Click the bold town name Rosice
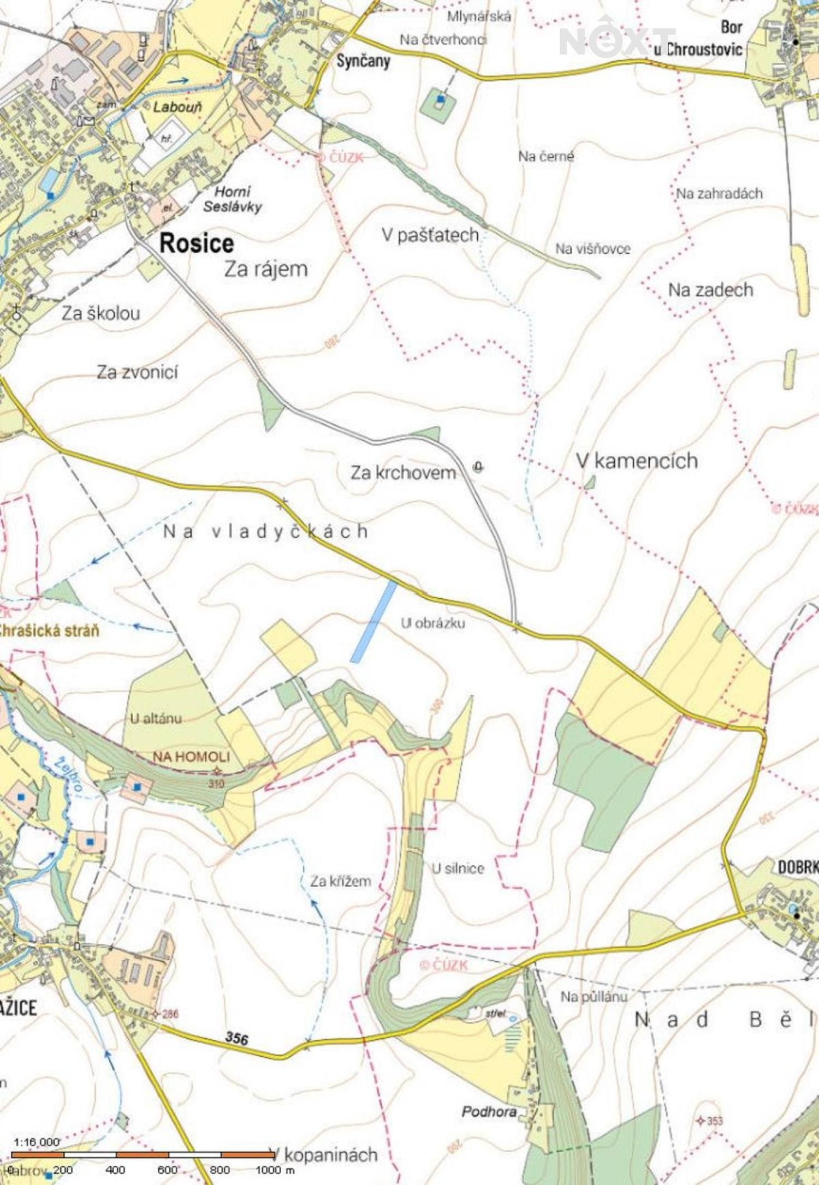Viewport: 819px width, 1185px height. (197, 243)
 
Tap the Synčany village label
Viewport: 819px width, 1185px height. (363, 61)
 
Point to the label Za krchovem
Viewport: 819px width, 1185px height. (403, 473)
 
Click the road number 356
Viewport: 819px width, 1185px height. (236, 1038)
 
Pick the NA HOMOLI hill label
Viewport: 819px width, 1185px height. (191, 757)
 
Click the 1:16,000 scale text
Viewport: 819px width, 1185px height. (36, 1142)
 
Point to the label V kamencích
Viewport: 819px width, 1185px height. (637, 461)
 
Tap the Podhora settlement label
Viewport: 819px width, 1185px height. (489, 1111)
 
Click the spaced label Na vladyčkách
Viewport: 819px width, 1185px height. (266, 532)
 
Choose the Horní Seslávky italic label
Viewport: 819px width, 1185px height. (233, 199)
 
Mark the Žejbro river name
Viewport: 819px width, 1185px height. (68, 773)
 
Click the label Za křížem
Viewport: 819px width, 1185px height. (341, 881)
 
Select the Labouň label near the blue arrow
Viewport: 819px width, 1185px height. (177, 106)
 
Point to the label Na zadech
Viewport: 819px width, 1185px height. (710, 290)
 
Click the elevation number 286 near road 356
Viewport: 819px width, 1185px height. (170, 1014)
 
